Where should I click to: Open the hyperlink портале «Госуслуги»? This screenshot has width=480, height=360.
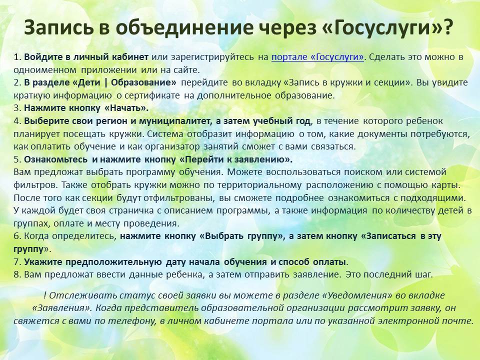[318, 57]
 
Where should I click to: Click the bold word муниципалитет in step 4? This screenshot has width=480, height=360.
[175, 121]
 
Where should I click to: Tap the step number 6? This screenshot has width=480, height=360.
[17, 236]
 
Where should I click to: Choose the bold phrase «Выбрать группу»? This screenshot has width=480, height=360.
[241, 236]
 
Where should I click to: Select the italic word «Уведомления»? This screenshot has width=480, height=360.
[357, 295]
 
